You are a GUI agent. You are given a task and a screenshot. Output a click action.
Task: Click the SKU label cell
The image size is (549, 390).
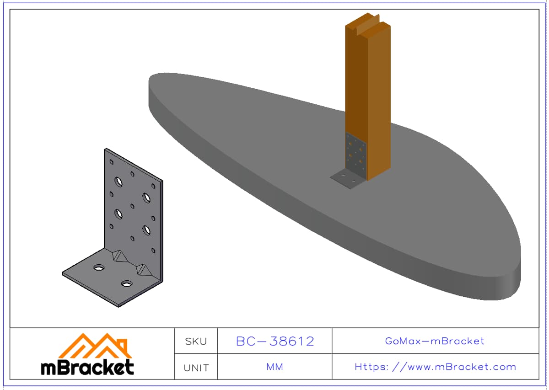(x=196, y=341)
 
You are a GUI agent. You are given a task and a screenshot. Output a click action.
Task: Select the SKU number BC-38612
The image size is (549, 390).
(x=275, y=341)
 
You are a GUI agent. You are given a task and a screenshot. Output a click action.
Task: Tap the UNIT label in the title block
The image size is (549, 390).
(x=196, y=368)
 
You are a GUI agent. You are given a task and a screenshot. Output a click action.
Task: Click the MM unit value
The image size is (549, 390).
(x=275, y=367)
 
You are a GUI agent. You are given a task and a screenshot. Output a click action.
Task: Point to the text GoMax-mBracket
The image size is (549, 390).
(x=435, y=341)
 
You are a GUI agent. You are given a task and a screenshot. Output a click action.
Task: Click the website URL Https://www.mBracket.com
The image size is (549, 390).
(x=435, y=367)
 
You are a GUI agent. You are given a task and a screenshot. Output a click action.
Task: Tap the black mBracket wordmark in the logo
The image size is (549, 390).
(x=87, y=367)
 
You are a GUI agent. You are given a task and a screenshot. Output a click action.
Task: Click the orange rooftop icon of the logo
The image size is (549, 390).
(x=95, y=346)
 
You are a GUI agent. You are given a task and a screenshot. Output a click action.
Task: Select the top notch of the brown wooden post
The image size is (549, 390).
(x=368, y=24)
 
